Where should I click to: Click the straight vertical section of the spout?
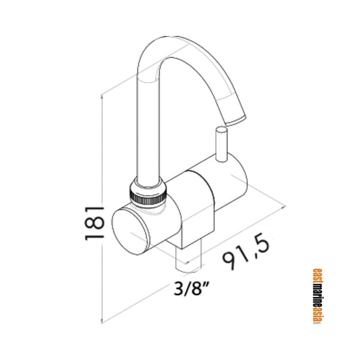coord(146,132)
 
